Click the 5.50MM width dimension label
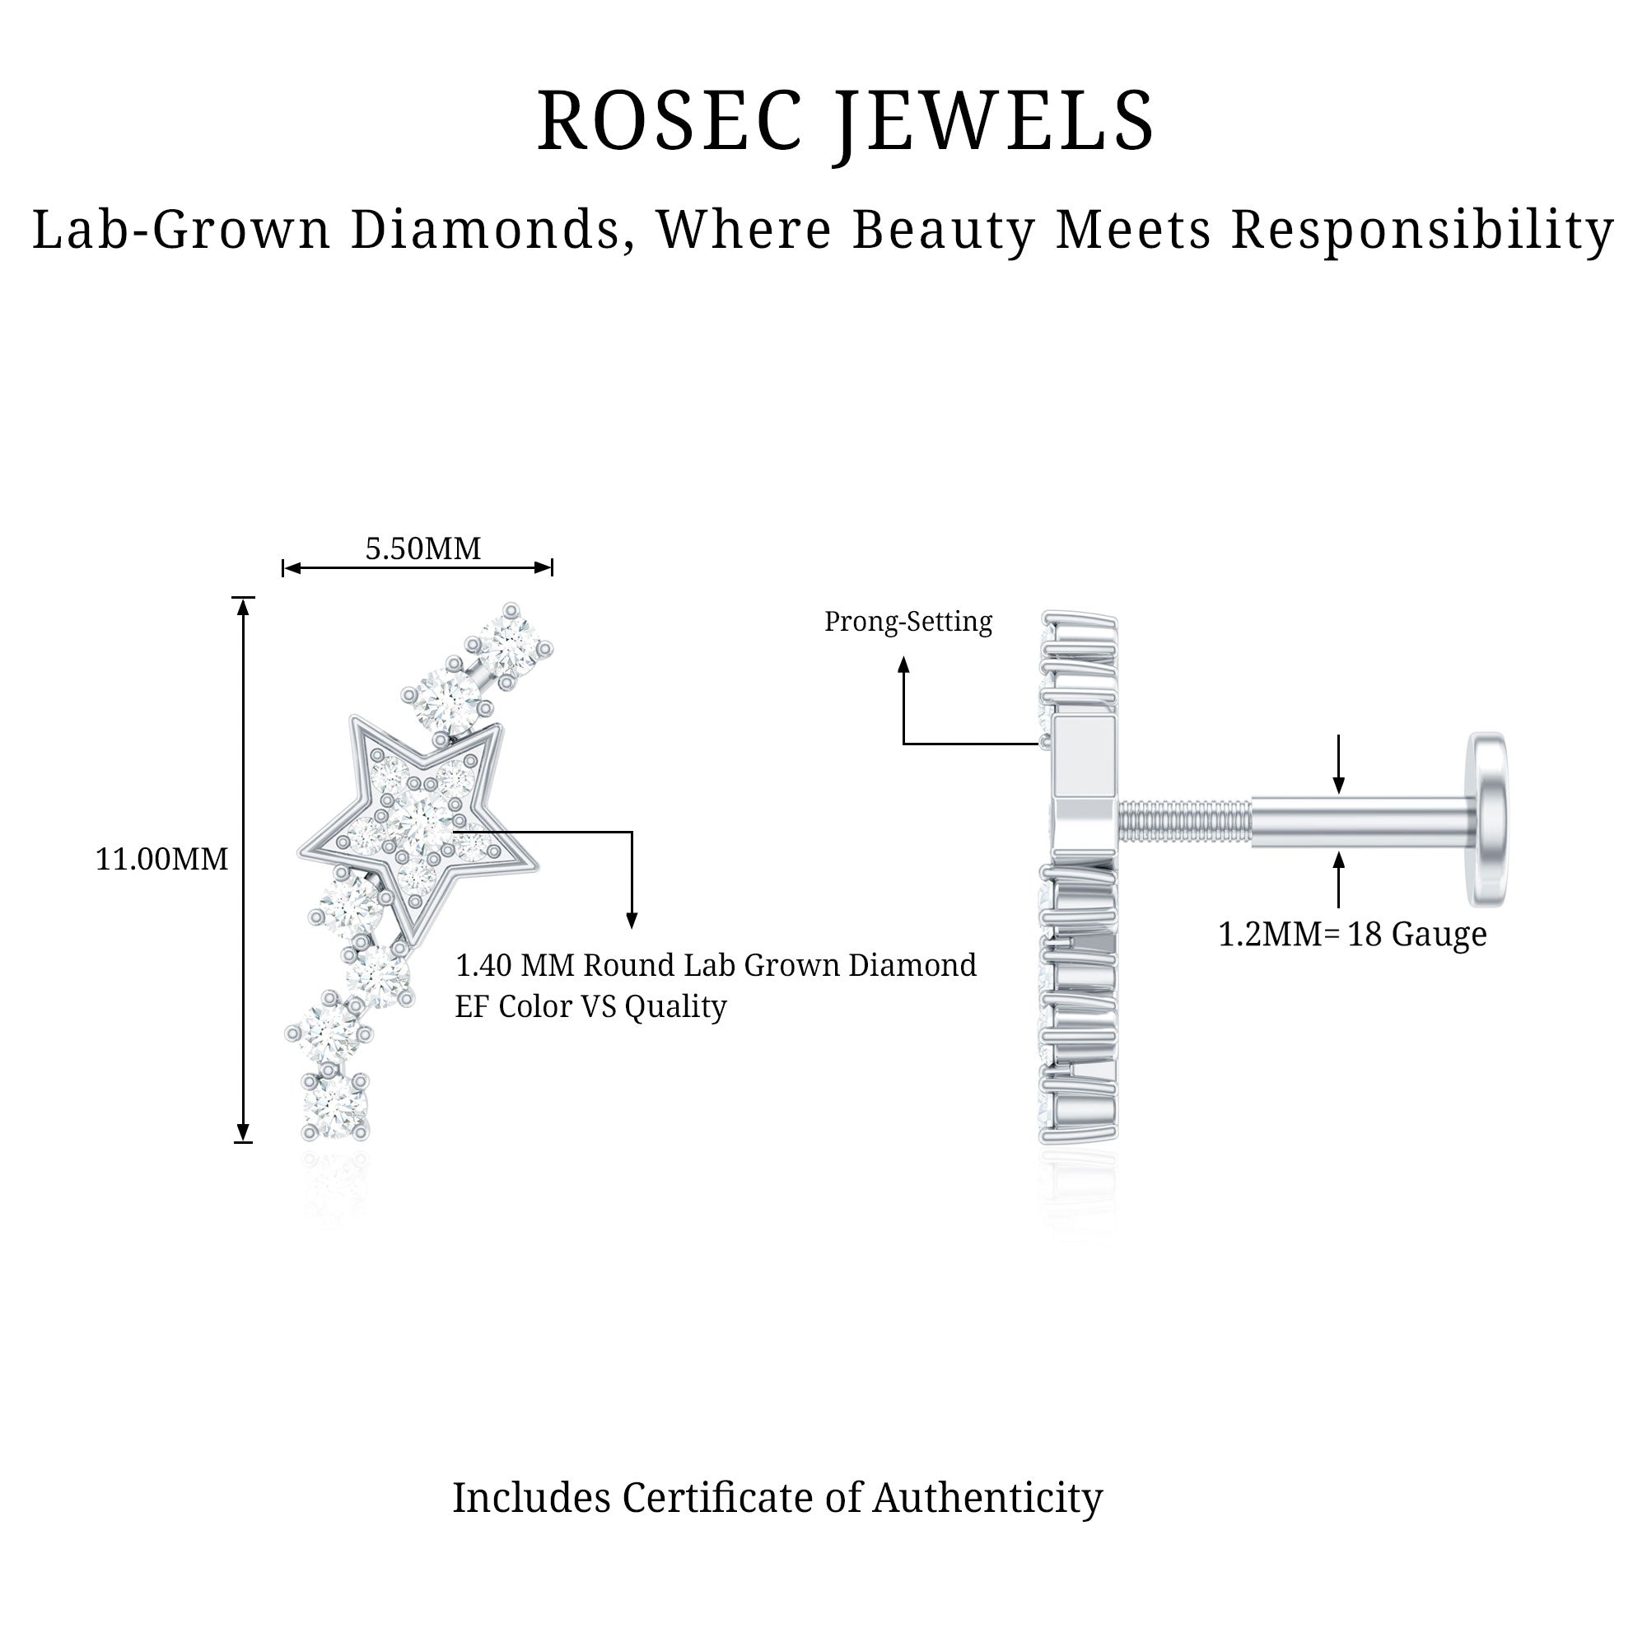(x=422, y=548)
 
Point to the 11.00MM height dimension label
(x=162, y=859)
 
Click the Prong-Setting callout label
(x=907, y=622)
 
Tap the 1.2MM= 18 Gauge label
(x=1352, y=935)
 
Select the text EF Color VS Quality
(x=590, y=1007)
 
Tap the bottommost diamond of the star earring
(x=335, y=1105)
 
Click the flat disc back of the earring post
(x=1487, y=819)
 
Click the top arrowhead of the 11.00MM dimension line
(x=244, y=605)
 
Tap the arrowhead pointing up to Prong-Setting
(x=903, y=664)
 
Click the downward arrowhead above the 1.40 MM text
(x=632, y=921)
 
